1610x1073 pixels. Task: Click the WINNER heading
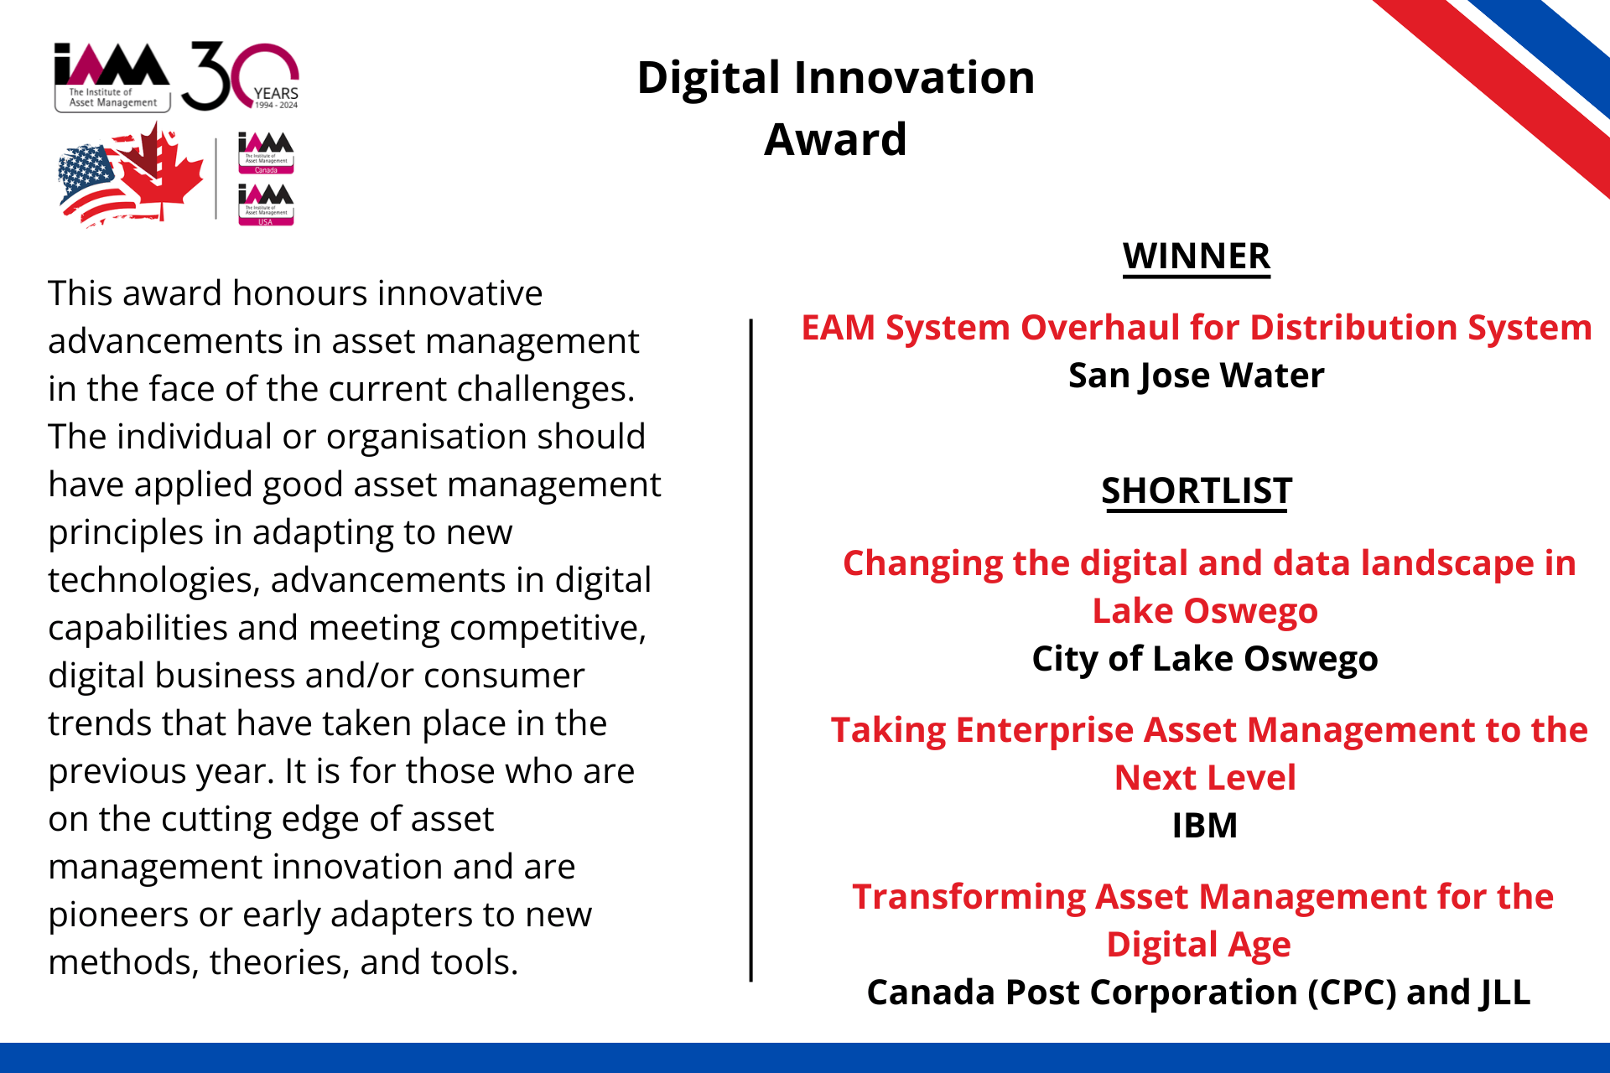1197,257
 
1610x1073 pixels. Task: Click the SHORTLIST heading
1197,491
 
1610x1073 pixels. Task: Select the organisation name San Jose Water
1197,376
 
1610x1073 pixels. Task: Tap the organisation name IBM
1205,826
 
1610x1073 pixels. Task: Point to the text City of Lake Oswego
1205,659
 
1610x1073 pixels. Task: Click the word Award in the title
836,139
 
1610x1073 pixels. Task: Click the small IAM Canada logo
266,153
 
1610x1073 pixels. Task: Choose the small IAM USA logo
266,205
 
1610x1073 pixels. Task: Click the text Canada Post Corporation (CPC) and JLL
1198,993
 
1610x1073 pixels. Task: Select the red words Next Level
1205,778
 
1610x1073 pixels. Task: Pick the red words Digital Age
1198,946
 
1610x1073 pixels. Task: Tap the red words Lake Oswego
1205,612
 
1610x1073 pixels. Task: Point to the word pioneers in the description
118,915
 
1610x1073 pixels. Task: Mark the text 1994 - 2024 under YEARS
277,106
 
